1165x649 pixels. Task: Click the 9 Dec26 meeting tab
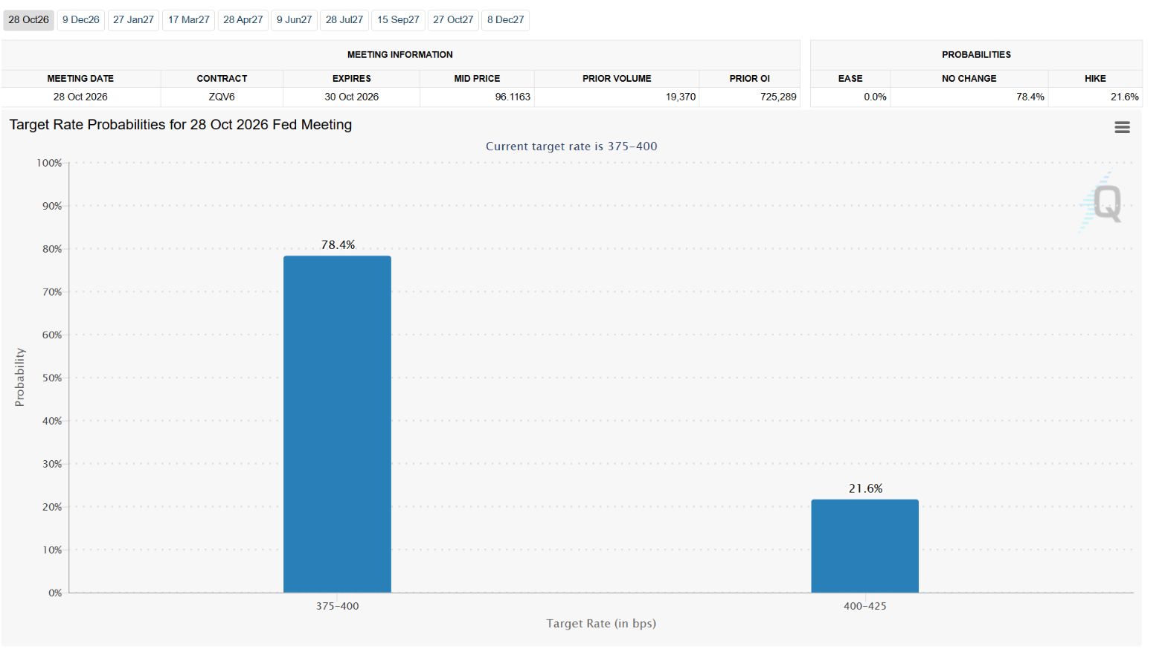click(80, 20)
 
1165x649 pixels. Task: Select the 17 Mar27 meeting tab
click(188, 20)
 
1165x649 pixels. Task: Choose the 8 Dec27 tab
click(506, 20)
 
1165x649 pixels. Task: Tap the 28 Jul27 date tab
click(344, 20)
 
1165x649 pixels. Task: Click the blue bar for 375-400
click(337, 424)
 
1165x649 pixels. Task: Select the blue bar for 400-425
click(865, 546)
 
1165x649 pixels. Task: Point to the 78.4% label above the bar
click(338, 245)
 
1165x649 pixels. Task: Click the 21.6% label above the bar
click(865, 488)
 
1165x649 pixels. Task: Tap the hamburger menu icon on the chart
click(1122, 127)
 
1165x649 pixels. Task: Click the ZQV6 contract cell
click(222, 97)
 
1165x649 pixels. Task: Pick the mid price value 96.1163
click(513, 97)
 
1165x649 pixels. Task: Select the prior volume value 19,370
click(680, 97)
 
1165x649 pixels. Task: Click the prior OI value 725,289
click(778, 97)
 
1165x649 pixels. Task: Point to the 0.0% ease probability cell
click(875, 97)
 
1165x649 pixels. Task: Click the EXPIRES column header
click(352, 79)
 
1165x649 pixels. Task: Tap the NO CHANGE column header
click(969, 79)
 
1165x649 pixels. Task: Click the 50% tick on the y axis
click(52, 378)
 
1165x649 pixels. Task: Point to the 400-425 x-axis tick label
click(865, 606)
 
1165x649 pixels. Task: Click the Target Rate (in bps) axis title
click(601, 624)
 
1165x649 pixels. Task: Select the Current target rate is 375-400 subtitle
click(571, 146)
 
